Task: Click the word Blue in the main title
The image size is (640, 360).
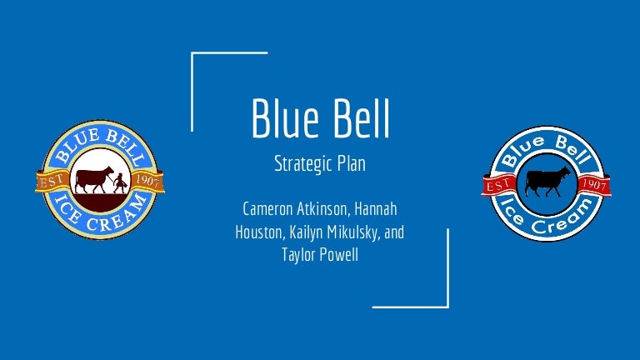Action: pos(285,118)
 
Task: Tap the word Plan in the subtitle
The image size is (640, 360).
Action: pos(351,163)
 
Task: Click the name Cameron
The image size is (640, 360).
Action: pos(267,209)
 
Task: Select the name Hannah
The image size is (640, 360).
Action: pos(376,209)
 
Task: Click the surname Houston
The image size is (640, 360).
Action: pos(259,232)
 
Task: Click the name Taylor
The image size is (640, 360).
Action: pos(298,256)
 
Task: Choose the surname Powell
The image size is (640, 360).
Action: pos(339,255)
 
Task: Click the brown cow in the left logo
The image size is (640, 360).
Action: pos(94,179)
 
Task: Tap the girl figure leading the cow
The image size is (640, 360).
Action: pos(120,183)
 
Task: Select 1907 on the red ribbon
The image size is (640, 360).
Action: pos(594,184)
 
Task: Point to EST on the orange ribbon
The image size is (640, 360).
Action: pos(51,181)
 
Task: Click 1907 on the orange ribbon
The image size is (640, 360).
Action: pos(147,180)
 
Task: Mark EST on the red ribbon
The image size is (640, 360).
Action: pos(497,185)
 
